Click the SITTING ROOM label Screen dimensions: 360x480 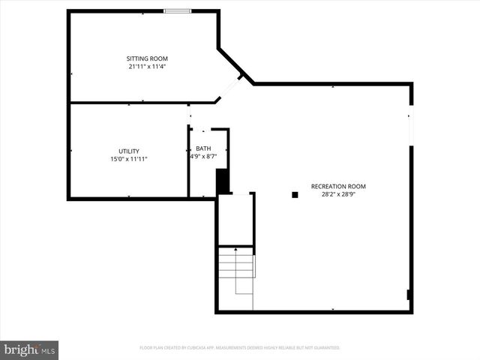pyautogui.click(x=147, y=58)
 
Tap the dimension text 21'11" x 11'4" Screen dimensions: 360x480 pyautogui.click(x=147, y=67)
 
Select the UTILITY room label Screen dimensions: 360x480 pyautogui.click(x=128, y=151)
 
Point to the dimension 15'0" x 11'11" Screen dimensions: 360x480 pyautogui.click(x=128, y=159)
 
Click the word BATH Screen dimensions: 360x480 pyautogui.click(x=203, y=148)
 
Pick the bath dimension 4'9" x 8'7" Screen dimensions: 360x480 pyautogui.click(x=203, y=157)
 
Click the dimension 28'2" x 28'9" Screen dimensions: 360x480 pyautogui.click(x=338, y=194)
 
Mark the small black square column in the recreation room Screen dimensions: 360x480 pyautogui.click(x=295, y=195)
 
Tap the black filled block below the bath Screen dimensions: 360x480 pyautogui.click(x=222, y=181)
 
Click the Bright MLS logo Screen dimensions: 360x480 pyautogui.click(x=30, y=349)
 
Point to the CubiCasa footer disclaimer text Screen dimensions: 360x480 pyautogui.click(x=240, y=348)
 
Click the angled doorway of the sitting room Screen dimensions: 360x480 pyautogui.click(x=229, y=88)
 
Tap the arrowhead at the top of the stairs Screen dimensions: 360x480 pyautogui.click(x=236, y=248)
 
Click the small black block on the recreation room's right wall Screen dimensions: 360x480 pyautogui.click(x=409, y=295)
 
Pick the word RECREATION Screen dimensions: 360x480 pyautogui.click(x=327, y=186)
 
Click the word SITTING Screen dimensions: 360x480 pyautogui.click(x=136, y=58)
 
